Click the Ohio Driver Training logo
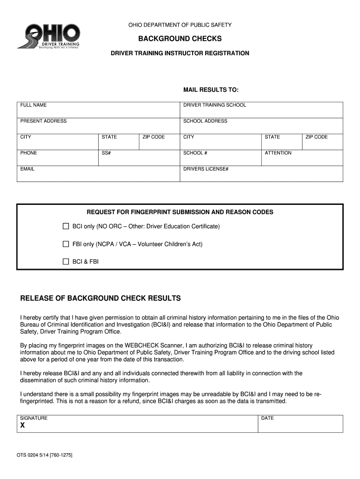point(49,36)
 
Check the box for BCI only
point(66,226)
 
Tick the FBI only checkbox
point(66,244)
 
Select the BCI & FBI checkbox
point(66,261)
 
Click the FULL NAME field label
point(33,105)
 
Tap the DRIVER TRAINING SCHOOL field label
point(214,105)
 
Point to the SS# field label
point(106,153)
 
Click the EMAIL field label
point(27,169)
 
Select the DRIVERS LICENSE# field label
point(205,169)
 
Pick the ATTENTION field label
point(278,153)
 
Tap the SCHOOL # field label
point(195,153)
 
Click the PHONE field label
point(29,153)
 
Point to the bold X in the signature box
point(22,425)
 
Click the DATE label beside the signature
point(267,418)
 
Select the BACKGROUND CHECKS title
point(180,38)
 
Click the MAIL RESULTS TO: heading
point(210,89)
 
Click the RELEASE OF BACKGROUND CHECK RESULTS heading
point(100,298)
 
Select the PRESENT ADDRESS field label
point(43,121)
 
